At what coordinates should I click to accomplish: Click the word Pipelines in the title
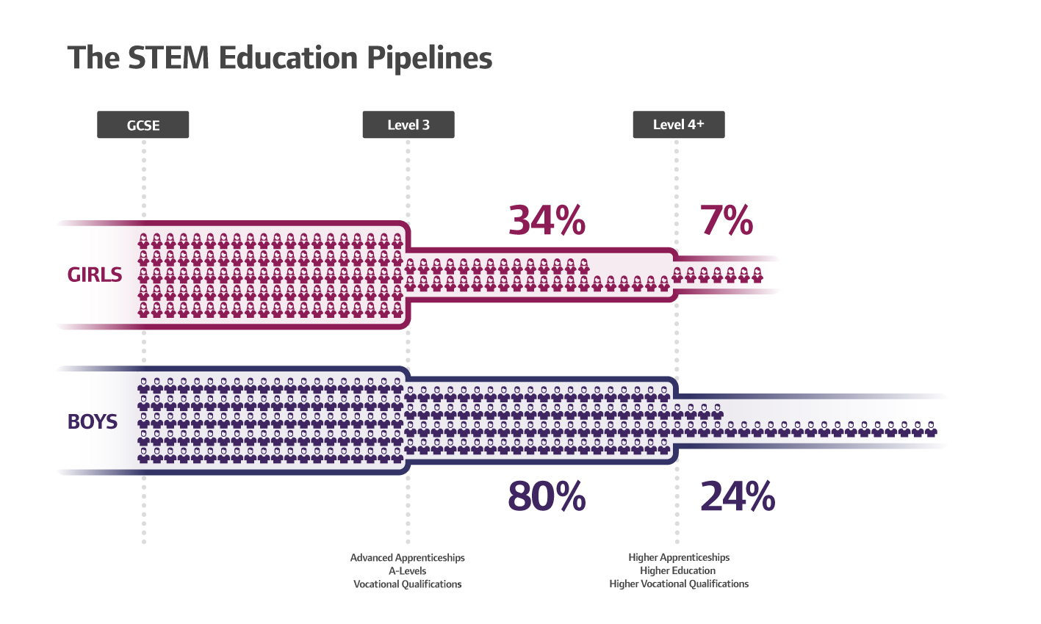click(429, 59)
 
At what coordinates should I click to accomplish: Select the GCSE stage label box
click(143, 125)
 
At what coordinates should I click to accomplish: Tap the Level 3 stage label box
click(408, 125)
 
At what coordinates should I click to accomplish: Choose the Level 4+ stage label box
click(679, 125)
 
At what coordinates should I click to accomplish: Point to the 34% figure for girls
click(547, 220)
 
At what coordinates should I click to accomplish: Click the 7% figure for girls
click(727, 220)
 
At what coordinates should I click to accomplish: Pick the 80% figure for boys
click(547, 497)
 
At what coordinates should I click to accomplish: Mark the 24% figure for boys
click(738, 497)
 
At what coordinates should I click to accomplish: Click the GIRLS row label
click(95, 275)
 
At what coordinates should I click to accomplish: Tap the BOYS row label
click(93, 421)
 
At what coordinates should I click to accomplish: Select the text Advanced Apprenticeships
click(408, 558)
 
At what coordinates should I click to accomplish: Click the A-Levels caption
click(408, 571)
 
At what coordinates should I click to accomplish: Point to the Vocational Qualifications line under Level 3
click(408, 584)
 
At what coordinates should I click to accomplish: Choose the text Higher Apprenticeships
click(679, 558)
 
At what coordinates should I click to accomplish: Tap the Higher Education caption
click(677, 571)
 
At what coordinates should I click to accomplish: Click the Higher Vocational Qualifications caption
click(679, 584)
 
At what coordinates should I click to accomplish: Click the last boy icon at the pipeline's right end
click(931, 429)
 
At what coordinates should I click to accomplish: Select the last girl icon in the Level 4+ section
click(757, 275)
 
